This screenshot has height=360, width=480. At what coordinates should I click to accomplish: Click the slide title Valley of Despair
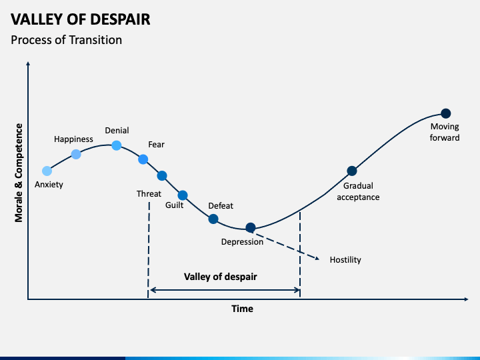click(x=81, y=19)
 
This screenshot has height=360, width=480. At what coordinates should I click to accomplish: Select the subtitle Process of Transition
click(x=67, y=40)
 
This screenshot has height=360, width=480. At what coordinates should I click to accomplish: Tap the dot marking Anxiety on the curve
click(x=47, y=171)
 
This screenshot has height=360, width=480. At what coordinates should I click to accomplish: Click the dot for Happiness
click(x=76, y=154)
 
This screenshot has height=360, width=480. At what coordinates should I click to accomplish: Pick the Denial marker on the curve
click(x=116, y=145)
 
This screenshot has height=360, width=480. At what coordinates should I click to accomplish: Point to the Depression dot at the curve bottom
click(x=251, y=228)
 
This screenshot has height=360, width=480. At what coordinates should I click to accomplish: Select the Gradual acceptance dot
click(x=352, y=171)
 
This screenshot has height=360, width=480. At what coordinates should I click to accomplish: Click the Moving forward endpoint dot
click(x=446, y=113)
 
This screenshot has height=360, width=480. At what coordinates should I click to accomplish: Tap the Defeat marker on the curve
click(x=213, y=219)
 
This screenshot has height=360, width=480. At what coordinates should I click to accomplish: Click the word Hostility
click(x=345, y=260)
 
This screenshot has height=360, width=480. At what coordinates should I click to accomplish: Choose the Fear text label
click(x=156, y=145)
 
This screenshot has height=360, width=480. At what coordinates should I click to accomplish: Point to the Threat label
click(x=149, y=194)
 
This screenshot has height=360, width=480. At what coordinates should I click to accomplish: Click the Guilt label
click(x=175, y=205)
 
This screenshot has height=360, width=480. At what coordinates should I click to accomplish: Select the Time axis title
click(x=242, y=309)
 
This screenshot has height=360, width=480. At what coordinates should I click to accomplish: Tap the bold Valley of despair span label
click(x=220, y=277)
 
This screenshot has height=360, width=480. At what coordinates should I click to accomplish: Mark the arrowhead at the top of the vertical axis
click(x=28, y=64)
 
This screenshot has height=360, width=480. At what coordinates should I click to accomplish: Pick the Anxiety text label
click(x=49, y=185)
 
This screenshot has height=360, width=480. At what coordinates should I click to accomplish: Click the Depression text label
click(x=242, y=242)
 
